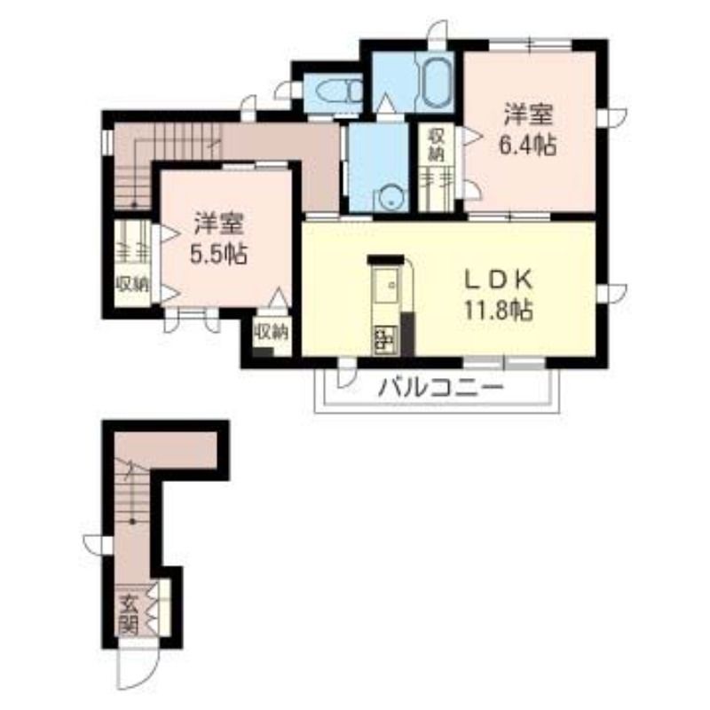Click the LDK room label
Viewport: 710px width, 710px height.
[x=498, y=280]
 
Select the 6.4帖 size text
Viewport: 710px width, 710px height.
[x=528, y=146]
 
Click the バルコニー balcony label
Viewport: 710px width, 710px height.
[x=441, y=388]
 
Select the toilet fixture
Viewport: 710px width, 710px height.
[x=340, y=92]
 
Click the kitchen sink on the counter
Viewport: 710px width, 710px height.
[x=386, y=285]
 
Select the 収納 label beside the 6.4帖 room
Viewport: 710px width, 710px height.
[x=436, y=145]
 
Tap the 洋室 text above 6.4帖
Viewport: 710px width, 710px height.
[x=528, y=114]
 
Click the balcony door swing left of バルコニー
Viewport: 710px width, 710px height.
[x=346, y=373]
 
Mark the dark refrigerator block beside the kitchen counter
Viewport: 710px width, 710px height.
[x=407, y=334]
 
